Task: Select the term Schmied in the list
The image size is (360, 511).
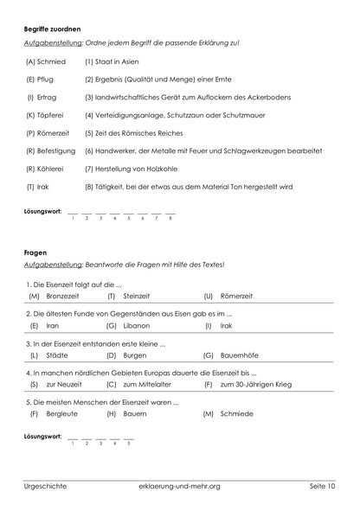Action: (x=52, y=62)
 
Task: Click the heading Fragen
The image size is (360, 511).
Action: (x=35, y=252)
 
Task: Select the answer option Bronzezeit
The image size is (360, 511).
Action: (x=62, y=297)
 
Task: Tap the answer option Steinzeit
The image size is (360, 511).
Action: (x=137, y=297)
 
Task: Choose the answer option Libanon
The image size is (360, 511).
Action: (x=138, y=326)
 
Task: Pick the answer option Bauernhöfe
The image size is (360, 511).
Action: (x=241, y=355)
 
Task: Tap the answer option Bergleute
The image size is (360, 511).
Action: (x=61, y=414)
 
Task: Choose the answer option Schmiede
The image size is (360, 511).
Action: (x=236, y=414)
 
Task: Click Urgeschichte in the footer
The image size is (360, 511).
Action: (x=46, y=487)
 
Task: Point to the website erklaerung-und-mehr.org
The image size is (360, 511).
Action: (x=179, y=487)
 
